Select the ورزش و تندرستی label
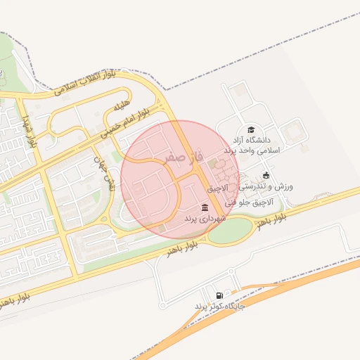click(266, 186)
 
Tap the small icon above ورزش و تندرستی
click(265, 175)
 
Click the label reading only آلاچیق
click(217, 188)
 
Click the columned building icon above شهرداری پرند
click(205, 207)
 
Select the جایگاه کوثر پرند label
click(220, 307)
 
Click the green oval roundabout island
click(230, 231)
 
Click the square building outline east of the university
click(292, 130)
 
